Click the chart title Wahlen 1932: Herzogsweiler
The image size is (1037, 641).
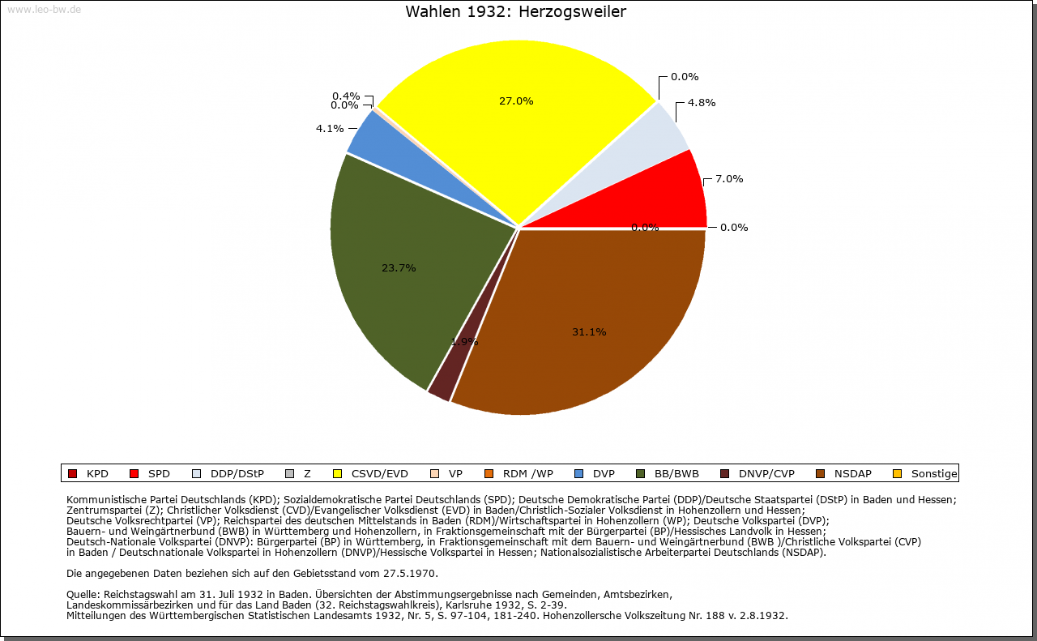[516, 11]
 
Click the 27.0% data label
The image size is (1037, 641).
[516, 101]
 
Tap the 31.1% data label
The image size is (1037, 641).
[589, 331]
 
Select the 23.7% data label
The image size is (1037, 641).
[399, 267]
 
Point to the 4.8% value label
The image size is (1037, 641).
[702, 102]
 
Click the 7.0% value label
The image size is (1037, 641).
[729, 178]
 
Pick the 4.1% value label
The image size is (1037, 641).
[330, 128]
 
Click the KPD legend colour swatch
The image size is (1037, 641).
[72, 474]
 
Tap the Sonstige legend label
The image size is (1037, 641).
[934, 474]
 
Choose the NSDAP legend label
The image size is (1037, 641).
[853, 474]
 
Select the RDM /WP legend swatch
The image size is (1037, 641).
[489, 474]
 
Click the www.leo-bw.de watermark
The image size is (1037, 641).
[44, 9]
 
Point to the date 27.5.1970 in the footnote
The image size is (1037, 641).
[409, 574]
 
